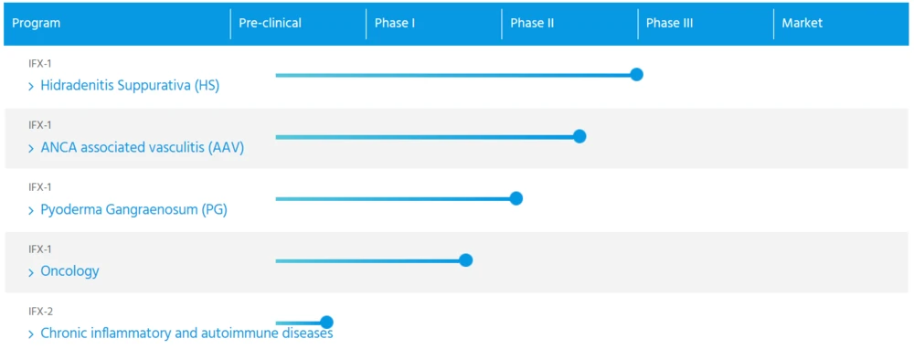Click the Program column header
37,24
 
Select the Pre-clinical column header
270,24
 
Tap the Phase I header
395,24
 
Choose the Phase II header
532,24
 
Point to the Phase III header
669,24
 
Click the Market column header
802,24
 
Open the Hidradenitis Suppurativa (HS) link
130,86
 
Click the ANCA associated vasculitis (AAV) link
143,148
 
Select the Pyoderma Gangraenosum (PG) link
133,210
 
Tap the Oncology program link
69,271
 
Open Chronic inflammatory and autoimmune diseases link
186,334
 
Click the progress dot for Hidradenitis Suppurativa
636,75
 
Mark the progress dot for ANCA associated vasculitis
579,136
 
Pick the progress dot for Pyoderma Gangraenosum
515,198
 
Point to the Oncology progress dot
465,260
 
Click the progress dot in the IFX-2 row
326,323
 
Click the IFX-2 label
41,312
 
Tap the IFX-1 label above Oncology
40,249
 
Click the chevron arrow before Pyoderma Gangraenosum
31,211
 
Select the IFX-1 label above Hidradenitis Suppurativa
40,63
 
